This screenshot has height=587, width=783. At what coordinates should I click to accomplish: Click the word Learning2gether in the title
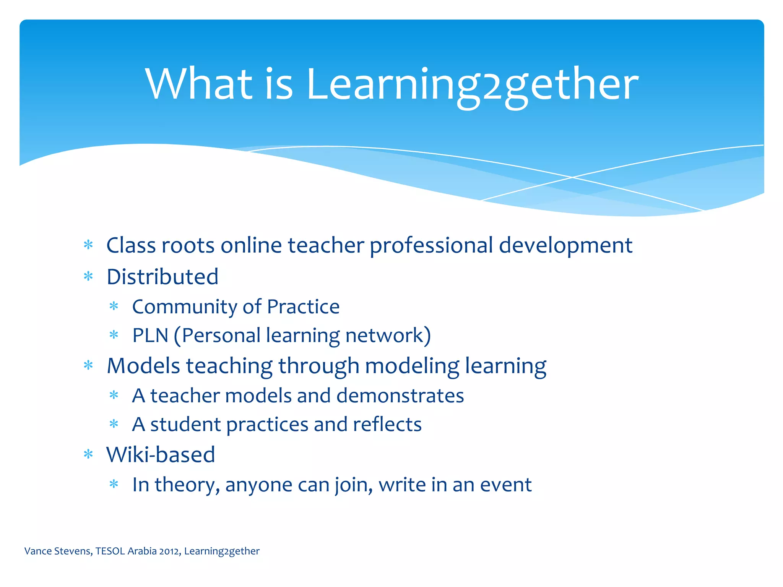(472, 85)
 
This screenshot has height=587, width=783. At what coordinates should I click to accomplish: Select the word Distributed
(162, 277)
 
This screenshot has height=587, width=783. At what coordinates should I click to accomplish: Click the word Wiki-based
(161, 455)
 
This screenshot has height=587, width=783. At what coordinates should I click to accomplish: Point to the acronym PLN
(150, 336)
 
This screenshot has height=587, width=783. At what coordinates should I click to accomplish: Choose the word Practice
(303, 307)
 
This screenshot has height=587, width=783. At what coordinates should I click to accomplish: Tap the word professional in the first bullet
(431, 245)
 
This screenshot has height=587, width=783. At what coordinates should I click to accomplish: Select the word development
(566, 245)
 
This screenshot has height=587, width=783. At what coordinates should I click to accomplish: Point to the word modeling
(412, 366)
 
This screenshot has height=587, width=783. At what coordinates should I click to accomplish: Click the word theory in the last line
(187, 485)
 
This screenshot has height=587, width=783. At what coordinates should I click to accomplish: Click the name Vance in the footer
(38, 551)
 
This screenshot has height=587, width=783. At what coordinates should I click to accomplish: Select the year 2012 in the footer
(170, 551)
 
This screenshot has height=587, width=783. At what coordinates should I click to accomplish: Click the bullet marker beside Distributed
(88, 276)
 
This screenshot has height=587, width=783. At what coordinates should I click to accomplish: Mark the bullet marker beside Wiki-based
(88, 454)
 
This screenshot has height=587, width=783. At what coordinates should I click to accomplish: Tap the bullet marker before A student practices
(114, 424)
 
